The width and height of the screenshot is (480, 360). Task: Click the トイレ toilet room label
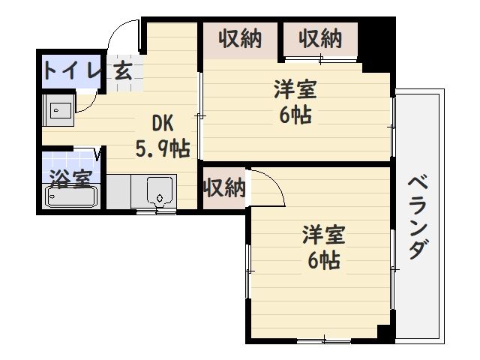[x=71, y=71]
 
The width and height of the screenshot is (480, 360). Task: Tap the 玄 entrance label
[x=124, y=73]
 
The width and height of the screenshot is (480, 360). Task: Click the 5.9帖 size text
[x=162, y=148]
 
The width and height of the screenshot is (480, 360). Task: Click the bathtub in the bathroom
[x=71, y=197]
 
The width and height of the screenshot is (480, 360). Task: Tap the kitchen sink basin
[x=159, y=193]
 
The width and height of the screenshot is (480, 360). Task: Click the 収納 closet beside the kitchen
[x=224, y=187]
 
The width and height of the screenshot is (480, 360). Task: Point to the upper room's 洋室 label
[x=295, y=91]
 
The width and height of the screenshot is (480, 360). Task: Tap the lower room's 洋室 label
[x=324, y=235]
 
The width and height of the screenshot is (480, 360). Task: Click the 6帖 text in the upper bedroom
[x=295, y=116]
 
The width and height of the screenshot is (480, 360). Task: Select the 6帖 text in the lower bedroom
[x=324, y=260]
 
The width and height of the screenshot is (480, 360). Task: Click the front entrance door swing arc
[x=120, y=34]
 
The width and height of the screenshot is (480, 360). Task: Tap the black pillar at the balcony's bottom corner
[x=385, y=334]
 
